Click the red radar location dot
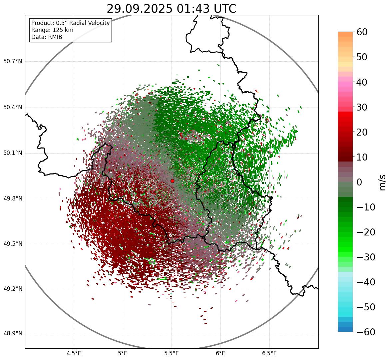[x=172, y=181]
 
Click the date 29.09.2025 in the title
[x=140, y=9]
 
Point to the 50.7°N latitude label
[x=12, y=62]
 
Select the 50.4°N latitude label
[x=12, y=108]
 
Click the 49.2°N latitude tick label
[x=12, y=289]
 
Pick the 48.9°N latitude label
[x=12, y=334]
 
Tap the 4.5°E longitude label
[x=74, y=353]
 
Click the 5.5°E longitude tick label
[x=172, y=353]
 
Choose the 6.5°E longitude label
[x=269, y=353]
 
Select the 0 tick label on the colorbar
[x=359, y=182]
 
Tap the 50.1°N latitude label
[x=12, y=153]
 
